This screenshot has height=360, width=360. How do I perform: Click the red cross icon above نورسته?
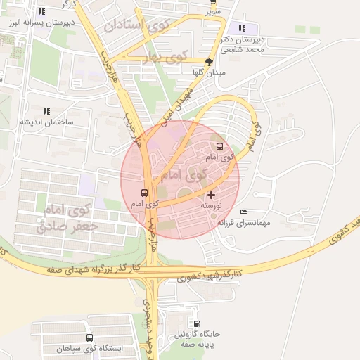pos(212,194)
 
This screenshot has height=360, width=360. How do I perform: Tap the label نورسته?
pos(212,205)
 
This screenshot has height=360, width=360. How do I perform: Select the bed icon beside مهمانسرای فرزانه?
pos(243,212)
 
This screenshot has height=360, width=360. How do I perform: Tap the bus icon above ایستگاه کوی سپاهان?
pos(89,338)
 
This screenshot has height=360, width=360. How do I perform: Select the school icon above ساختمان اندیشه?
pos(46,111)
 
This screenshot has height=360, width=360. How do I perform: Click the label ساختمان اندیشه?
pos(46,122)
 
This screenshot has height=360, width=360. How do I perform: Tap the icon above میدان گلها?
pos(208,62)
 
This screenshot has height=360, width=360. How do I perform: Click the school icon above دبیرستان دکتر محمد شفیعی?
pos(242,29)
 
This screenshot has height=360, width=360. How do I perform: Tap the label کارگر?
pos(68,4)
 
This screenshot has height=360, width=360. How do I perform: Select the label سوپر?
pos(213,12)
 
